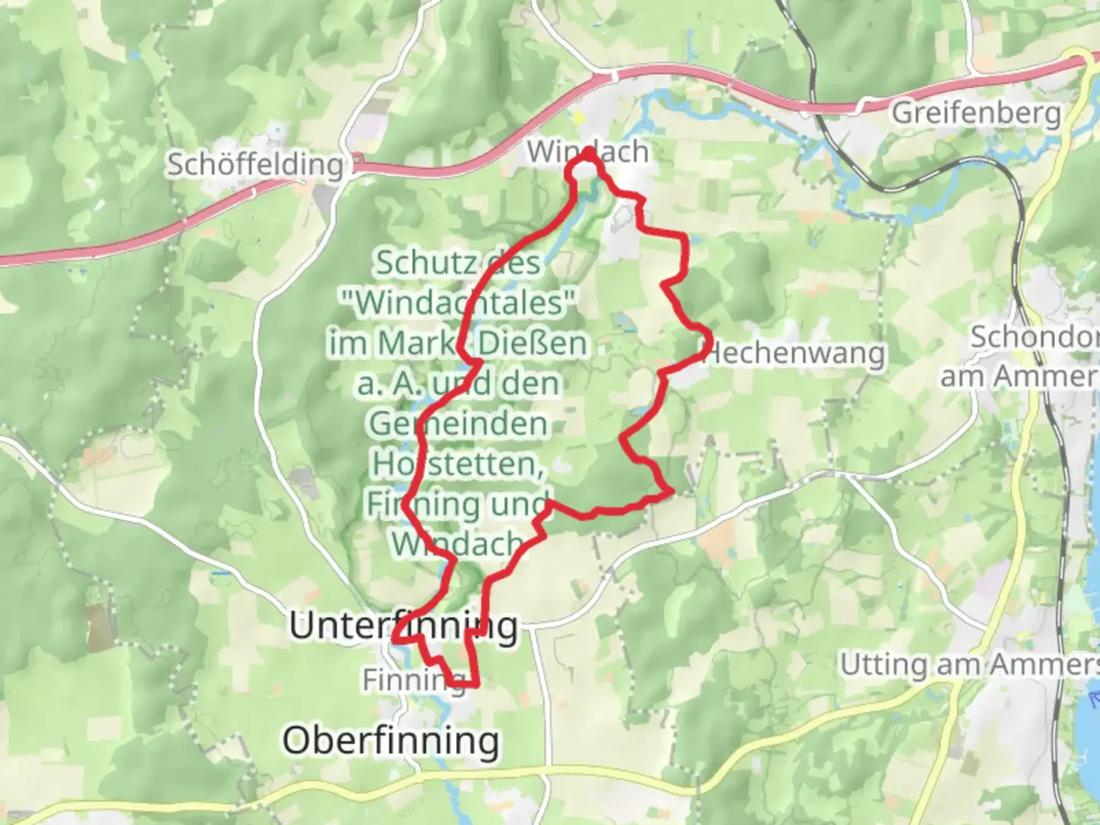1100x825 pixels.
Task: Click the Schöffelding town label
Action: click(255, 164)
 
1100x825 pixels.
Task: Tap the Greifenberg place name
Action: click(976, 113)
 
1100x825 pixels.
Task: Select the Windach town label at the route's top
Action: click(587, 152)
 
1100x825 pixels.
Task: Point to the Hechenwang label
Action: click(794, 353)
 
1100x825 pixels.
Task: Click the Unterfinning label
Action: click(403, 626)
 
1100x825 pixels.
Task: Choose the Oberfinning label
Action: click(391, 740)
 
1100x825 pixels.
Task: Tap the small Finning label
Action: click(413, 679)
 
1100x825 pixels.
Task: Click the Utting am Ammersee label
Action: click(969, 665)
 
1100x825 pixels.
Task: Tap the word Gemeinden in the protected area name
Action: click(458, 424)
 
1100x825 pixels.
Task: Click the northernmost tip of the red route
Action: click(589, 152)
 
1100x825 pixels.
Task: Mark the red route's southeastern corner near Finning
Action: click(477, 685)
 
